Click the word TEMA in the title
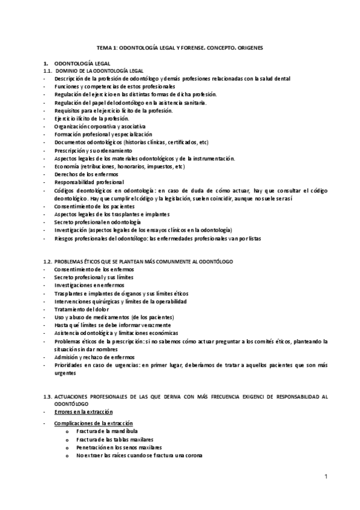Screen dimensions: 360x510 pos(104,47)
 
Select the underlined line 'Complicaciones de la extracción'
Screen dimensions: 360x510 pos(93,423)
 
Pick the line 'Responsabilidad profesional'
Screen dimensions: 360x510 pos(89,182)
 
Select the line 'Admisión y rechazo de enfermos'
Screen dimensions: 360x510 pos(92,357)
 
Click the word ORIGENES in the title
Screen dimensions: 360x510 pos(258,47)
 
